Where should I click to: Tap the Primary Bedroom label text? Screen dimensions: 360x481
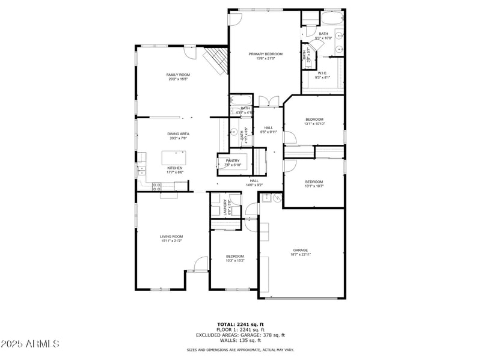pyautogui.click(x=265, y=55)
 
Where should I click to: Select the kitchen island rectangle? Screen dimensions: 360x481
pyautogui.click(x=175, y=158)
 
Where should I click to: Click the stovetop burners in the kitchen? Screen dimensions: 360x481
pyautogui.click(x=156, y=186)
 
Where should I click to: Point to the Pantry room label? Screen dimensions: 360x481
pyautogui.click(x=233, y=162)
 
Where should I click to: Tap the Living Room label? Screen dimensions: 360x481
pyautogui.click(x=171, y=238)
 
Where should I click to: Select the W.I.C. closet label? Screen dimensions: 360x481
pyautogui.click(x=322, y=75)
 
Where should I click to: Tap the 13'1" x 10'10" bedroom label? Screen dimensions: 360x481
pyautogui.click(x=314, y=121)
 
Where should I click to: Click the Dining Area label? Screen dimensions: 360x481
pyautogui.click(x=178, y=136)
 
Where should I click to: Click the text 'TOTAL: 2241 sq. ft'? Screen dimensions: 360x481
pyautogui.click(x=240, y=324)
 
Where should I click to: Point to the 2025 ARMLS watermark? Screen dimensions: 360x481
pyautogui.click(x=29, y=344)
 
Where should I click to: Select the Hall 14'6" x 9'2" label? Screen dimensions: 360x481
pyautogui.click(x=254, y=183)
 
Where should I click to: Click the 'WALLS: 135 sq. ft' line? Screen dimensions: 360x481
pyautogui.click(x=240, y=340)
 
